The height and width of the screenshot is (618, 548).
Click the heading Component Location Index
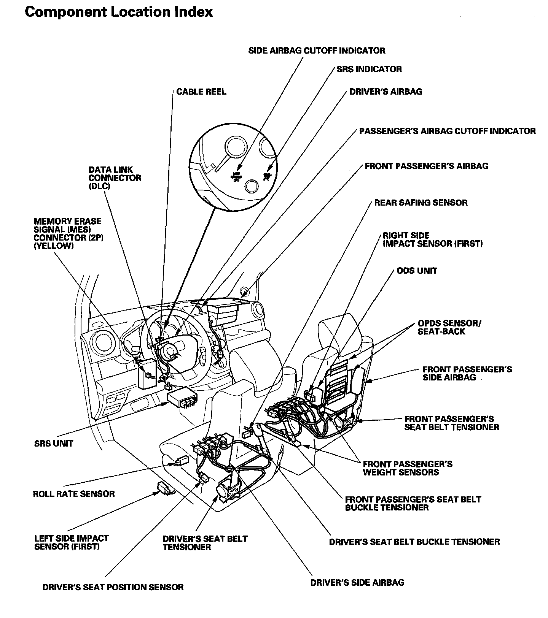pyautogui.click(x=118, y=12)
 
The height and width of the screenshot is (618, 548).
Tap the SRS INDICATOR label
pyautogui.click(x=369, y=69)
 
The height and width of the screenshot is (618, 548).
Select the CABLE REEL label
pyautogui.click(x=201, y=92)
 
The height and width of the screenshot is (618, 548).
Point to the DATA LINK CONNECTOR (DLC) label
pyautogui.click(x=115, y=178)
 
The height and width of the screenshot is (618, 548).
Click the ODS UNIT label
pyautogui.click(x=417, y=271)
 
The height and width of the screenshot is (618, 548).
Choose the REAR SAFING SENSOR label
pyautogui.click(x=421, y=203)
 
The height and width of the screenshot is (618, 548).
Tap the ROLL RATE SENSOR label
pyautogui.click(x=74, y=494)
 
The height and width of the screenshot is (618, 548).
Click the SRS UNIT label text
pyautogui.click(x=53, y=444)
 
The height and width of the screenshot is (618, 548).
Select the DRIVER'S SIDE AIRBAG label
pyautogui.click(x=357, y=583)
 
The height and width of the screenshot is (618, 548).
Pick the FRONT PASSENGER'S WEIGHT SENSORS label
pyautogui.click(x=407, y=468)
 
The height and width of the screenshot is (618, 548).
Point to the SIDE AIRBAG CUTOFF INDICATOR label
pyautogui.click(x=316, y=51)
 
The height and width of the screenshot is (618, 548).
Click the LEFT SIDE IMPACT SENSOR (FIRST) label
pyautogui.click(x=71, y=542)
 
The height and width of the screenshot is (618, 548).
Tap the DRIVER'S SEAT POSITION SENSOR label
pyautogui.click(x=113, y=587)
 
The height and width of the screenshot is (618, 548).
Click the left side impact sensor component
pyautogui.click(x=164, y=487)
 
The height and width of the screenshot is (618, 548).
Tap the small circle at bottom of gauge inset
pyautogui.click(x=251, y=186)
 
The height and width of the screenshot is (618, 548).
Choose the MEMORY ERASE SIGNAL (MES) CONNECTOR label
pyautogui.click(x=68, y=233)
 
